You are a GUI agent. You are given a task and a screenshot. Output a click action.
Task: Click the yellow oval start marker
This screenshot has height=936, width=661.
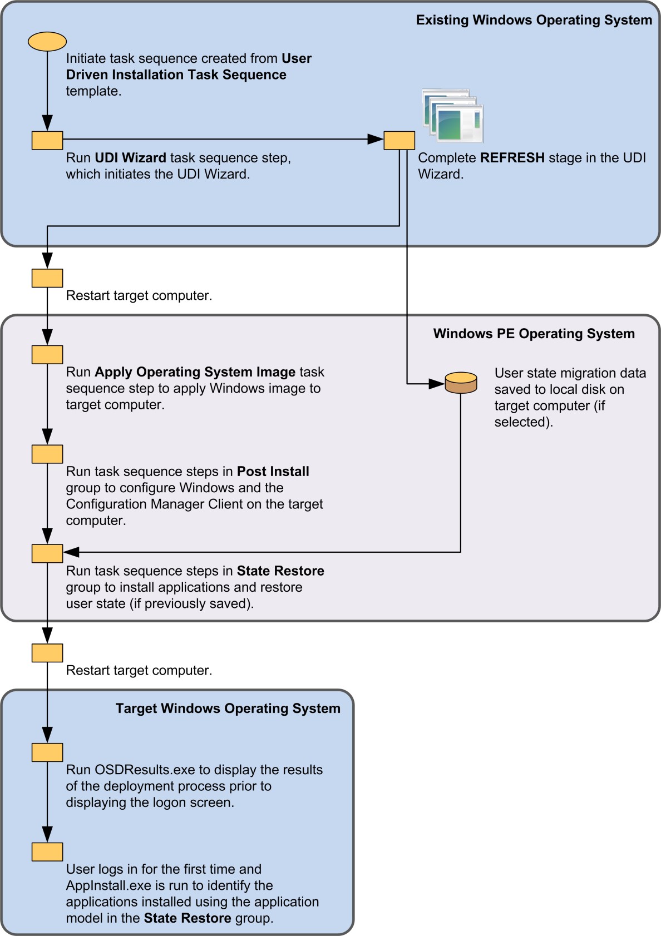coord(47,42)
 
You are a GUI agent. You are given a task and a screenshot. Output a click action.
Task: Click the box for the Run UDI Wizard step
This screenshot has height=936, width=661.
coord(47,140)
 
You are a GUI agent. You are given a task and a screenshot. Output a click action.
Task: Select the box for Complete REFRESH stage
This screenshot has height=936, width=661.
coord(399,140)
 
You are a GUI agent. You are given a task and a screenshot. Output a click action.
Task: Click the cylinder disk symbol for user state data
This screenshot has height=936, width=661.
coord(461,383)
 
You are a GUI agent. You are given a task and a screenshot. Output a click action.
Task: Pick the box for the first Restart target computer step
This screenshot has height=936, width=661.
coord(47,278)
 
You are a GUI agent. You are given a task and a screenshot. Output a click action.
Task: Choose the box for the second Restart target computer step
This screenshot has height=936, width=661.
coord(47,653)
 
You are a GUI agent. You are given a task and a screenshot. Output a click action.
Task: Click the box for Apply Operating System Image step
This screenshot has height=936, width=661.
coord(47,355)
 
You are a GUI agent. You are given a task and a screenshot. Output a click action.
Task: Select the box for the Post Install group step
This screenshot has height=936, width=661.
coord(47,454)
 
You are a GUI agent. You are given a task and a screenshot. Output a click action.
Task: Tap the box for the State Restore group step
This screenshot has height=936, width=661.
coord(47,553)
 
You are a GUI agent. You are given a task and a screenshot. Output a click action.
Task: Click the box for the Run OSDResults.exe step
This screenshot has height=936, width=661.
coord(47,752)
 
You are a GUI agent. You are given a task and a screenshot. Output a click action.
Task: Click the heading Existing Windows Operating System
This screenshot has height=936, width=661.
coord(534,20)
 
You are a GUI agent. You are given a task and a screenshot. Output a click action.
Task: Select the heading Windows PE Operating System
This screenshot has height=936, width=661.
coord(534,334)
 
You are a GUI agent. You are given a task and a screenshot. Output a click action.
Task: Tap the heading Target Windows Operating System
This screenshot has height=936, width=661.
coord(228,709)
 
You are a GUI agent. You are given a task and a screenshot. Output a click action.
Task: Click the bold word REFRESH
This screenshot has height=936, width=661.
coord(512,158)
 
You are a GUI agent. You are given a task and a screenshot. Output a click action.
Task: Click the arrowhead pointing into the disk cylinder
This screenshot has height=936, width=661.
coord(437,384)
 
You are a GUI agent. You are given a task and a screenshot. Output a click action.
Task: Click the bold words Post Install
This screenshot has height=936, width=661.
coord(273,472)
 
